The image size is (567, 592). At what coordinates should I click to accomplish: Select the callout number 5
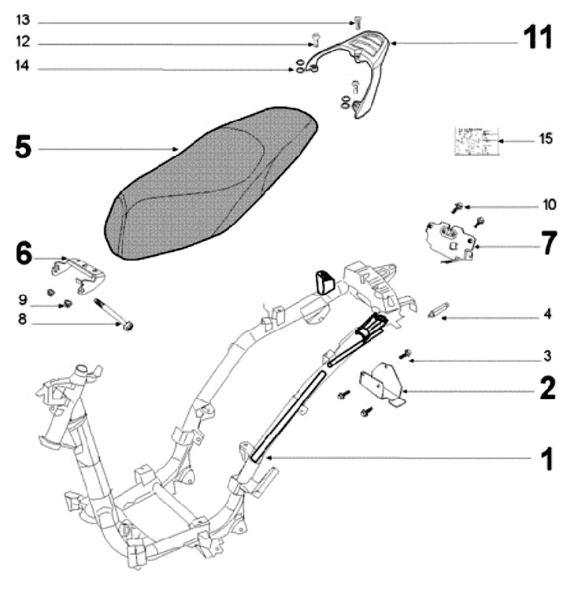tap(24, 147)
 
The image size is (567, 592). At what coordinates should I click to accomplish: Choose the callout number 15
tap(546, 139)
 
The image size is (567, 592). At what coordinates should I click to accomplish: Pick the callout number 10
tap(548, 205)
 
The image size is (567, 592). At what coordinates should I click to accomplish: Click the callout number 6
tap(24, 253)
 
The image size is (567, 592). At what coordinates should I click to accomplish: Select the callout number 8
tap(23, 320)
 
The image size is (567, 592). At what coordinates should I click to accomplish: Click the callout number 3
tap(547, 357)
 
